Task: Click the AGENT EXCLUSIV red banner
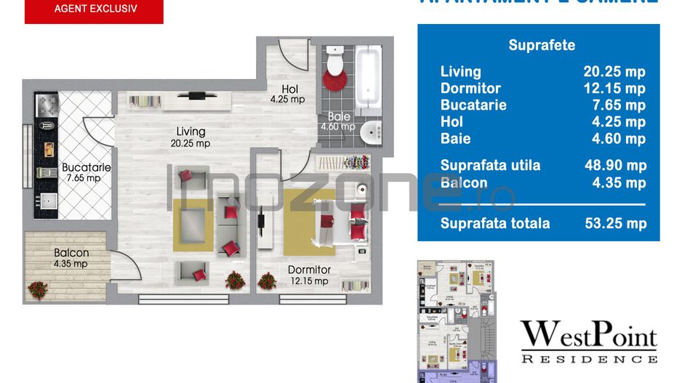[x=95, y=10]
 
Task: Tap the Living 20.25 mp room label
[x=190, y=137]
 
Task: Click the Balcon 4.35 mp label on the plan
[x=71, y=258]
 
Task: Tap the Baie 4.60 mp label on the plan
[x=337, y=121]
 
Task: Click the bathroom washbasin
[x=372, y=132]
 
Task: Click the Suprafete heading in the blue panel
[x=542, y=45]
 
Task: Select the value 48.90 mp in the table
[x=615, y=166]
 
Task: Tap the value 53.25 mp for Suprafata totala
[x=615, y=224]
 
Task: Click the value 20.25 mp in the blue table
[x=614, y=72]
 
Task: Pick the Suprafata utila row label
[x=490, y=166]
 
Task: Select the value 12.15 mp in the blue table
[x=614, y=89]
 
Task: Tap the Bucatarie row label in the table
[x=473, y=105]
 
